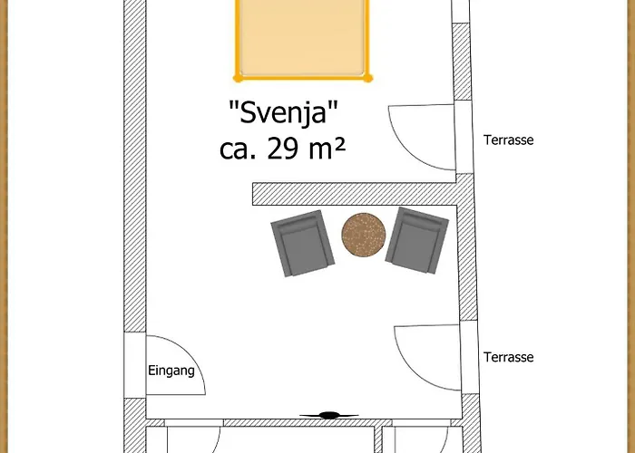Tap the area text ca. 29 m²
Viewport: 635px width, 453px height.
[283, 148]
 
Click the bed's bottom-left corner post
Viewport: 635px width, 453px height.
[238, 78]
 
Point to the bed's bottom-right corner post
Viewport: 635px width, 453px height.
[368, 78]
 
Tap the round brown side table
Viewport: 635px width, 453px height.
[363, 235]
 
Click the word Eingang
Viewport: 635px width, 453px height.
[171, 371]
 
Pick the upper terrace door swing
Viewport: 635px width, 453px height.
[419, 136]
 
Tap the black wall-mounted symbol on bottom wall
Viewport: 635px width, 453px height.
[327, 415]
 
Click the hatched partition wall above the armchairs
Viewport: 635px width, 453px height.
[354, 193]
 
